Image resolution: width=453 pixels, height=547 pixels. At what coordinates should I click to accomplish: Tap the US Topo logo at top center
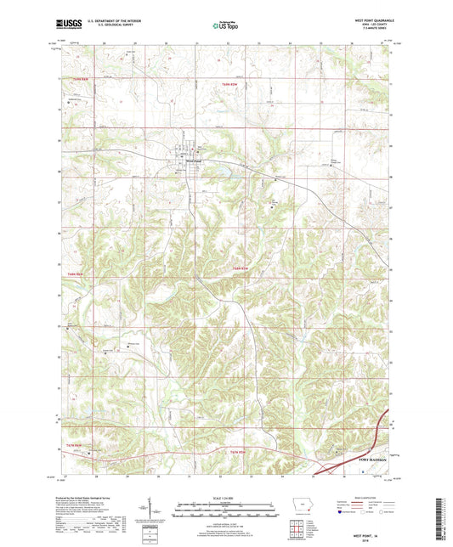(x=225, y=26)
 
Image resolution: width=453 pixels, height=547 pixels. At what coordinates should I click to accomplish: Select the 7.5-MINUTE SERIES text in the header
(x=372, y=32)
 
